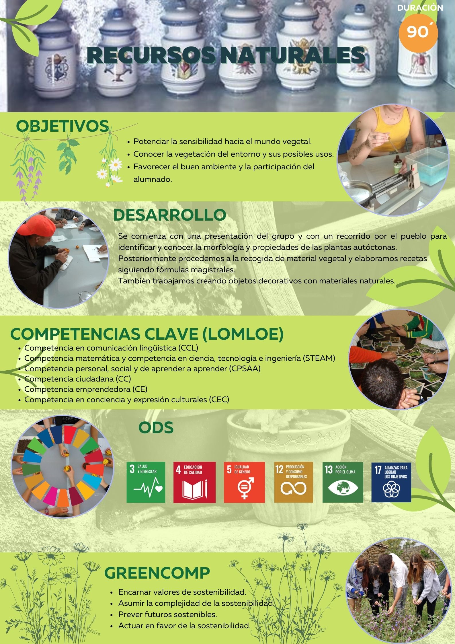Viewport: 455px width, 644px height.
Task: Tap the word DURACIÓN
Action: [x=420, y=8]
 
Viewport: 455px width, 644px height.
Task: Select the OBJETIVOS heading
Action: [x=62, y=126]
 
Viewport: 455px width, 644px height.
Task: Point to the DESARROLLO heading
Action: [x=170, y=215]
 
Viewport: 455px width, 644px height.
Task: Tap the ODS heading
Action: [x=156, y=427]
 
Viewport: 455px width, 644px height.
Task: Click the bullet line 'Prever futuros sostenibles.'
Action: [x=168, y=614]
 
